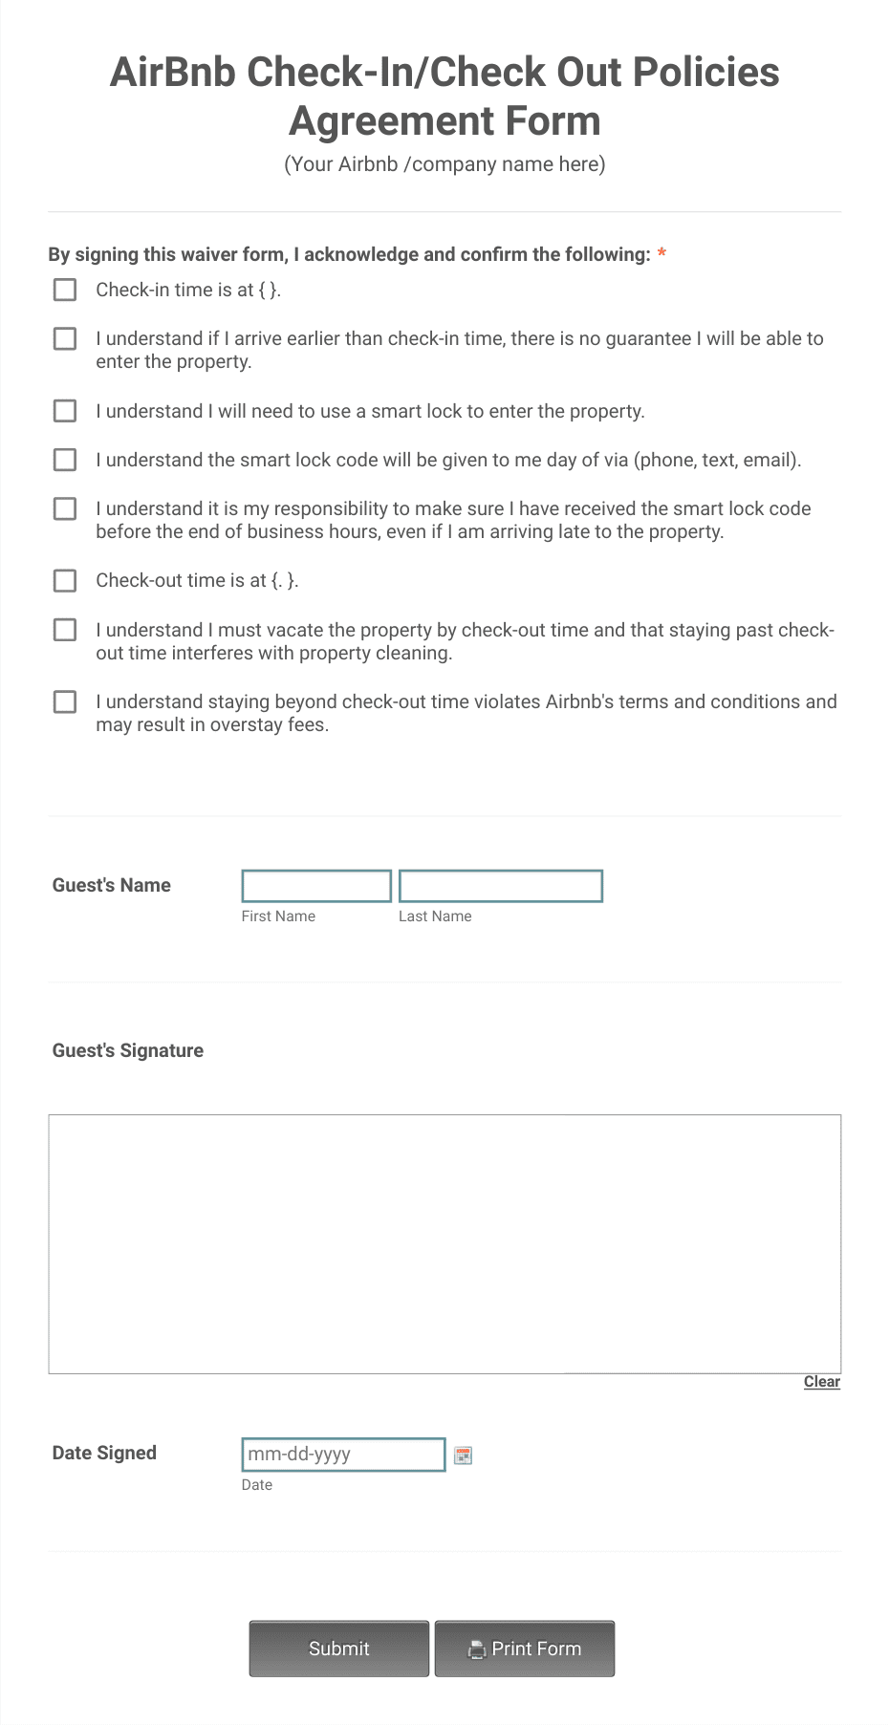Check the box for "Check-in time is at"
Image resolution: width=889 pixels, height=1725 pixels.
point(65,290)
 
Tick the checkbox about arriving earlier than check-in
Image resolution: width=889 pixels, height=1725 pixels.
point(65,339)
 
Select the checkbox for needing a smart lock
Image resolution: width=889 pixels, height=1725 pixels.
point(65,411)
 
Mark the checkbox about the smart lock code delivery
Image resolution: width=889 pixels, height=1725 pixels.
point(65,460)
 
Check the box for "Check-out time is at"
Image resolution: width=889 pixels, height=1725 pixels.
point(65,580)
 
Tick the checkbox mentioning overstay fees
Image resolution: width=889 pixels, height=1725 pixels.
point(65,702)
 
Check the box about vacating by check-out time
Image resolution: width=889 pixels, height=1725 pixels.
point(65,630)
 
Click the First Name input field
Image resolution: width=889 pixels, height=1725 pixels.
point(316,886)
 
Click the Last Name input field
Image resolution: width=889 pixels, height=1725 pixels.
point(500,886)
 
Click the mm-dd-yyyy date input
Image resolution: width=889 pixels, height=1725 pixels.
point(343,1455)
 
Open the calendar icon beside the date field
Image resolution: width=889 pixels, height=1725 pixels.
point(464,1455)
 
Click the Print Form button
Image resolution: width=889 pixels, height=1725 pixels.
point(525,1649)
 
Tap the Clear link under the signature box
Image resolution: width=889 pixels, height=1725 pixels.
point(821,1382)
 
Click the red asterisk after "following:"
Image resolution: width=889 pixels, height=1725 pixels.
point(661,254)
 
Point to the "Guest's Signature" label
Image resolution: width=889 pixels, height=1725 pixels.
point(128,1050)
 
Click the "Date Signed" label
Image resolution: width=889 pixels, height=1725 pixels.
point(104,1453)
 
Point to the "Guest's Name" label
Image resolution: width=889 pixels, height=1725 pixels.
point(112,885)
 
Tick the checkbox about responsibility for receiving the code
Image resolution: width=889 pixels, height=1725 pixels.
point(65,508)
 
